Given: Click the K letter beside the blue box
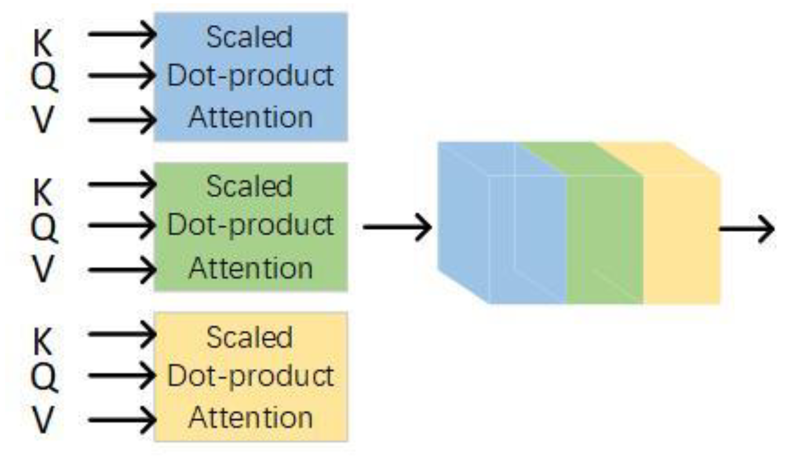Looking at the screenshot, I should click(x=42, y=43).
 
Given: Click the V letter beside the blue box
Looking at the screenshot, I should click(x=43, y=119).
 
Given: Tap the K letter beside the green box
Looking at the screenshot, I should click(x=42, y=192).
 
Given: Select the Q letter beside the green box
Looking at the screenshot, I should click(x=44, y=228).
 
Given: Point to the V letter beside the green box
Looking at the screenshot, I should click(x=43, y=269).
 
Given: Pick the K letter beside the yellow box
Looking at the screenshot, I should click(x=42, y=342).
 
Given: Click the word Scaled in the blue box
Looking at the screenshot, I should click(x=249, y=37).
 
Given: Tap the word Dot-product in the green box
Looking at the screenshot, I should click(x=250, y=225).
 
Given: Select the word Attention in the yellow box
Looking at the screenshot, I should click(x=250, y=418).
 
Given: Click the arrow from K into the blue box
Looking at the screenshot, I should click(x=122, y=34).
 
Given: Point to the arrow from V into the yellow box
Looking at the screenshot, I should click(x=122, y=420).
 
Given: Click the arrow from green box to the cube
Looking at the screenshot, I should click(x=397, y=227).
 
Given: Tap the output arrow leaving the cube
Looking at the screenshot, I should click(x=747, y=229).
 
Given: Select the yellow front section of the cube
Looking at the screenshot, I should click(x=681, y=240).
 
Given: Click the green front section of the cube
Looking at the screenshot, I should click(x=605, y=240).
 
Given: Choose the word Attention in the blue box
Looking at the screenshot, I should click(x=250, y=117).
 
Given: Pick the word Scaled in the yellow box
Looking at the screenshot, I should click(x=249, y=338).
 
